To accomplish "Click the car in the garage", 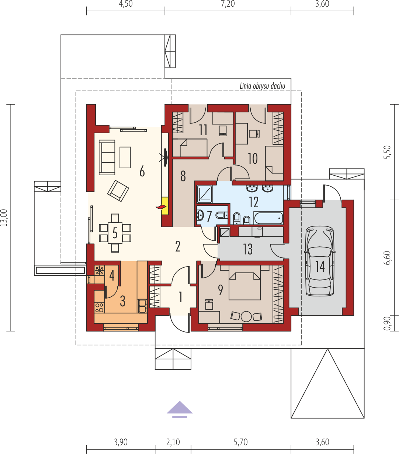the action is click(x=320, y=261).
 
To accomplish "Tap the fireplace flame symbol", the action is click(x=162, y=207).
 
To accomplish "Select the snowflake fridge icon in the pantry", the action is click(x=99, y=271).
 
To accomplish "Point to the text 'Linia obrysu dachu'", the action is click(x=262, y=86).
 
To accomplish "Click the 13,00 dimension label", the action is click(x=4, y=218).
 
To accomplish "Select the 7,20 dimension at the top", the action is click(x=228, y=4).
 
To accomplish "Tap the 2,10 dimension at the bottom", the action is click(x=173, y=442).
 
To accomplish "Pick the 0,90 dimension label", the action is click(x=387, y=323).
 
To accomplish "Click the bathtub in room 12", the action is click(x=268, y=218).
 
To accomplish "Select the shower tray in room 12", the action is click(x=204, y=194).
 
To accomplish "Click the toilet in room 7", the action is click(x=222, y=215).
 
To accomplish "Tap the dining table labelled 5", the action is click(x=115, y=233).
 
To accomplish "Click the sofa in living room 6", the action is click(x=107, y=157).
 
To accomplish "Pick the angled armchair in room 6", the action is click(x=118, y=191).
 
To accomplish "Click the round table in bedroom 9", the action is click(x=246, y=316).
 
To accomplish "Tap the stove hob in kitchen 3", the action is click(x=99, y=308).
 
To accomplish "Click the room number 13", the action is click(x=248, y=249).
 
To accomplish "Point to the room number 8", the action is click(x=183, y=176).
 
